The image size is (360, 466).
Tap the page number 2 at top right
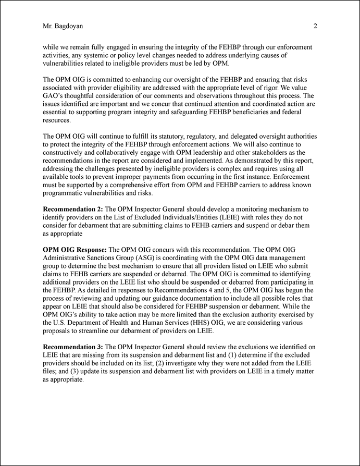coord(316,26)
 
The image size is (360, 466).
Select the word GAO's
coord(54,96)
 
